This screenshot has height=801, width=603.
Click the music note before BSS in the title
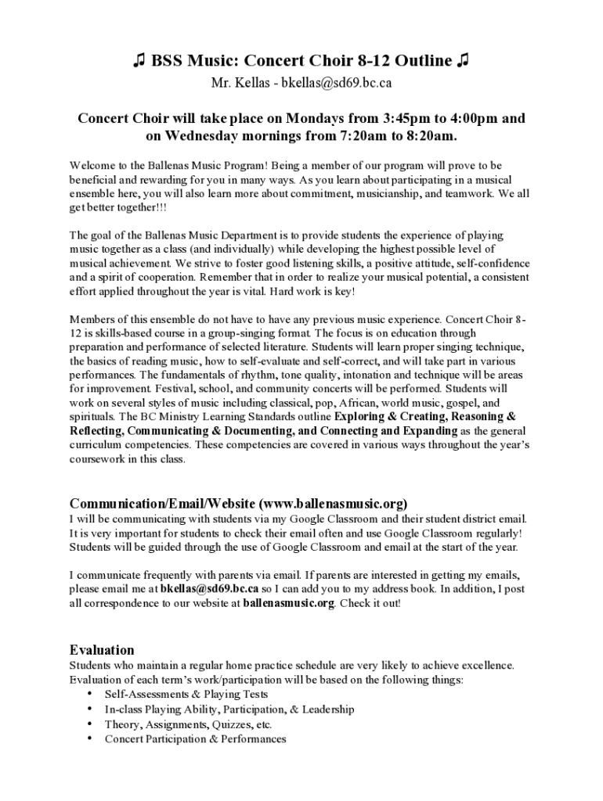point(139,61)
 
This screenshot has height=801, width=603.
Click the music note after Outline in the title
point(463,61)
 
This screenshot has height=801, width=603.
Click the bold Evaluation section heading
point(102,650)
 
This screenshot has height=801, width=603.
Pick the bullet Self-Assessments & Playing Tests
point(186,695)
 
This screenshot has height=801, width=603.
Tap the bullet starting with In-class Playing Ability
point(229,709)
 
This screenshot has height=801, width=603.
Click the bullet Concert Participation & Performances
point(195,739)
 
